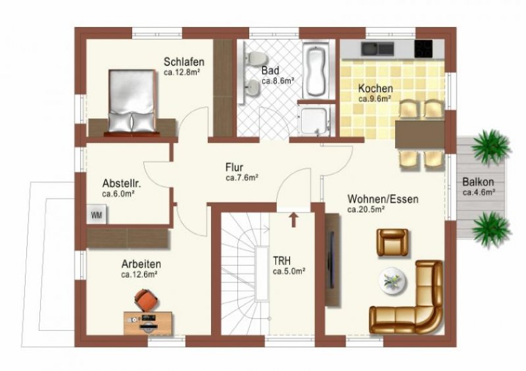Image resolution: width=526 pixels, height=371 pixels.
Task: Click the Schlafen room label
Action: [189, 62]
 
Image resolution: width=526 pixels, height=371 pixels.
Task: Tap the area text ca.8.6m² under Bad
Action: [277, 82]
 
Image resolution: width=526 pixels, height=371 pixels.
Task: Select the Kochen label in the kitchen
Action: [375, 88]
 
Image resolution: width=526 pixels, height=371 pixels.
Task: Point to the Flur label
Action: [234, 167]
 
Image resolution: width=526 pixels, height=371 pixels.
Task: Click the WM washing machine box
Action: [97, 214]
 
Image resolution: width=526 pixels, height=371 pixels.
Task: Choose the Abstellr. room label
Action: [122, 184]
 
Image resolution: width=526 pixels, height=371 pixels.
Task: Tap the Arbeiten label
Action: [141, 264]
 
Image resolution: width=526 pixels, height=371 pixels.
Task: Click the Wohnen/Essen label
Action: [383, 199]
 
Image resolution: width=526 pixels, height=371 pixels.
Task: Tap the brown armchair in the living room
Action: [393, 242]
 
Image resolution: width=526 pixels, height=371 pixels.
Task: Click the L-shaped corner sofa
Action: [411, 306]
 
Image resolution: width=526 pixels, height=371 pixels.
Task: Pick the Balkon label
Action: [478, 182]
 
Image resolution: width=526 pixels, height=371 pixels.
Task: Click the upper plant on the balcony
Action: [490, 147]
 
